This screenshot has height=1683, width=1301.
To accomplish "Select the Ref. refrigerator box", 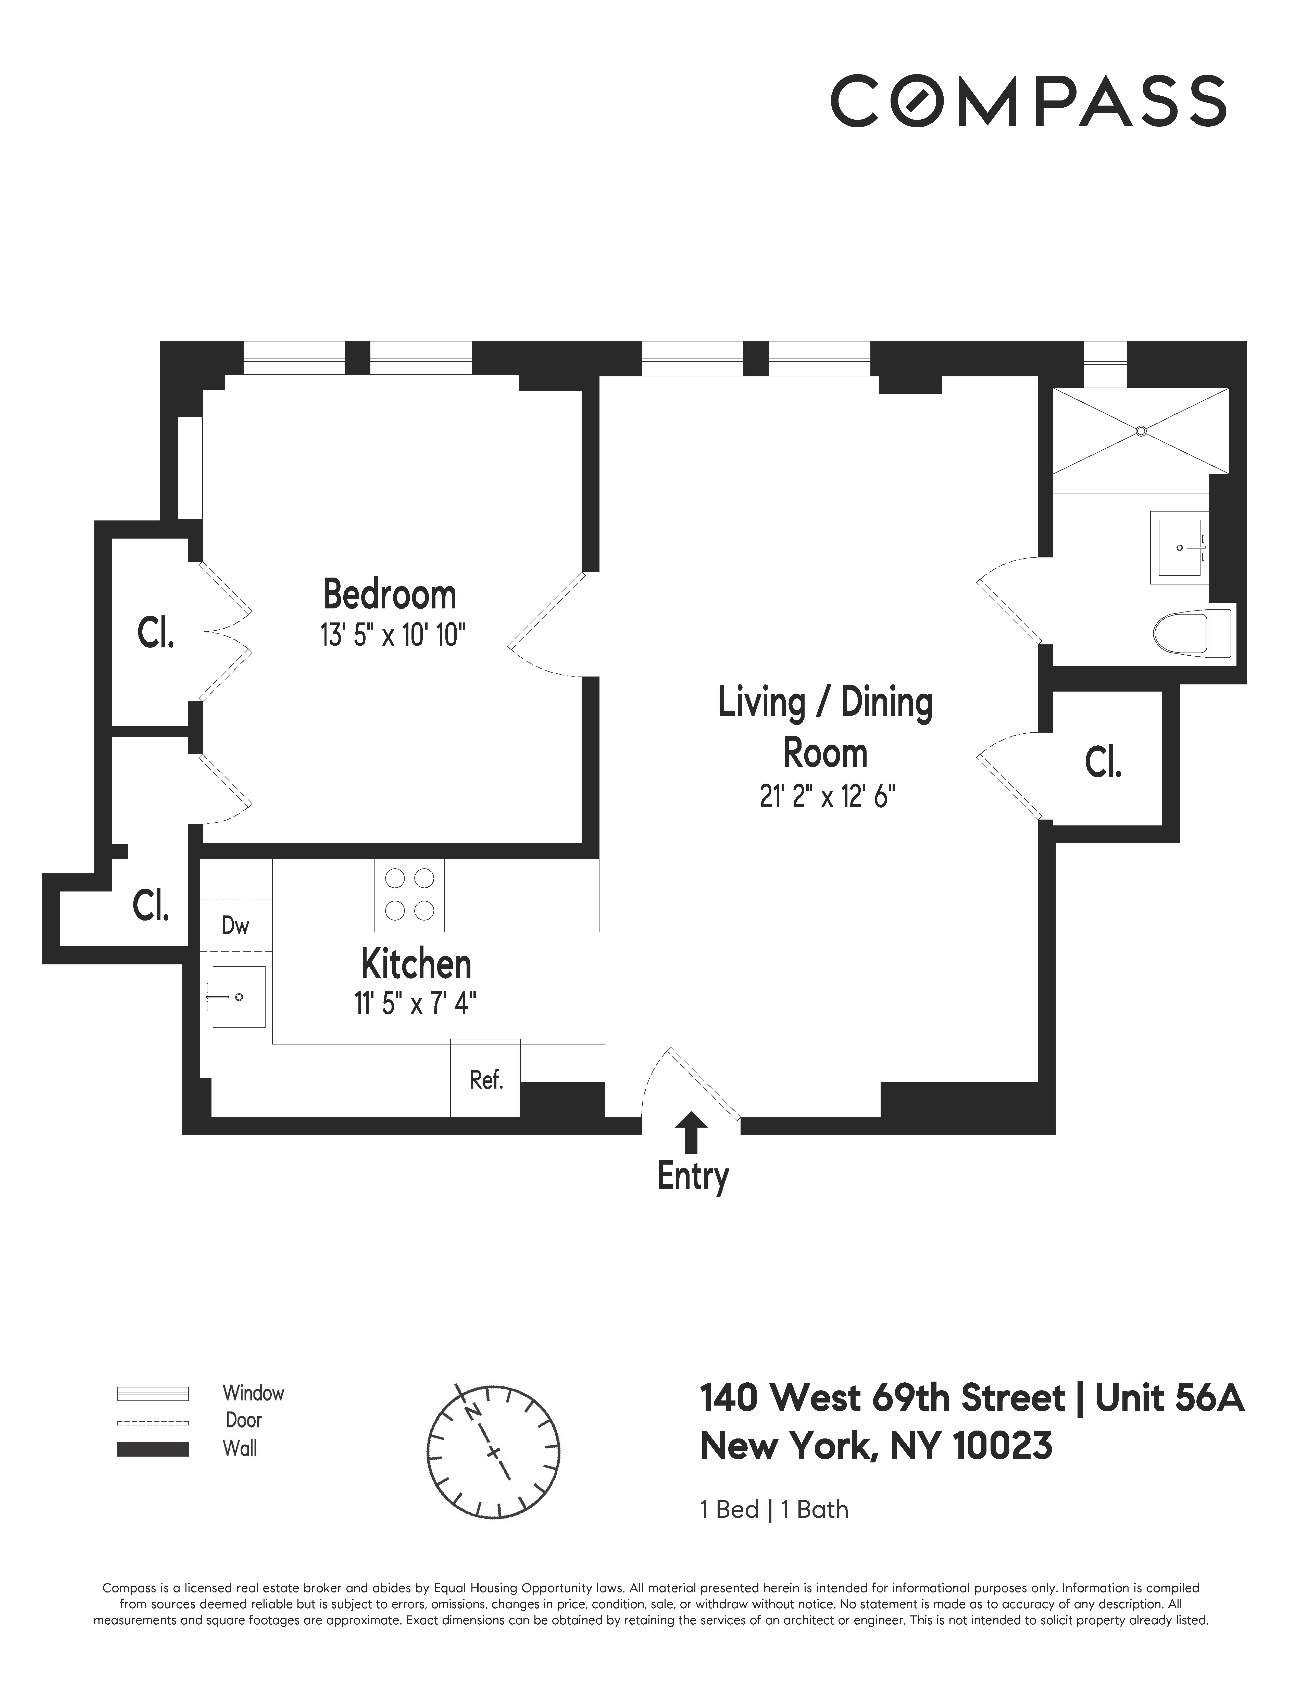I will click(x=485, y=1080).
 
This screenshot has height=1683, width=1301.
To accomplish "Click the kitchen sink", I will click(x=238, y=997).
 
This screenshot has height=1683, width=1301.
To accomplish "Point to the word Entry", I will click(x=692, y=1177).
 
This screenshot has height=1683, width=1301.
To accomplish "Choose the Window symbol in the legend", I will click(x=153, y=1393).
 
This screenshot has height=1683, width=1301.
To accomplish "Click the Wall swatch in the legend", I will click(x=153, y=1449).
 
